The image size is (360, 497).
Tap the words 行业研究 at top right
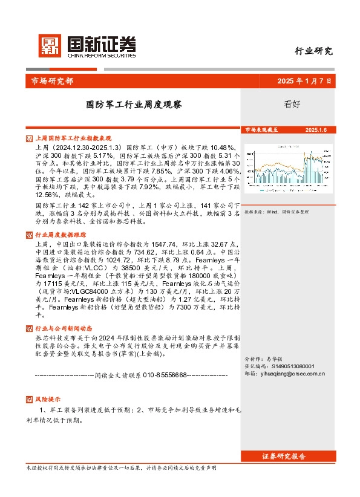313,51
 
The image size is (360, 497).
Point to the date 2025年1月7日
304,82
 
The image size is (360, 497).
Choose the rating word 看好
292,103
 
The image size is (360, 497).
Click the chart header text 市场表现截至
263,130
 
